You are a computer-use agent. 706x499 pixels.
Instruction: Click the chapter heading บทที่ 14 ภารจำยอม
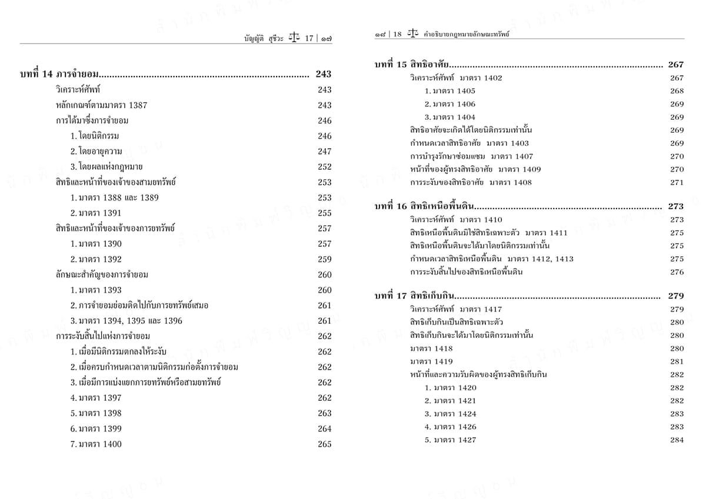(x=58, y=74)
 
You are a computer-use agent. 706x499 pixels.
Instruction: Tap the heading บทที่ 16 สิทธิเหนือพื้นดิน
(x=424, y=206)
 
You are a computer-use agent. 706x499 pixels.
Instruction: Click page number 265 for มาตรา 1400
(x=325, y=444)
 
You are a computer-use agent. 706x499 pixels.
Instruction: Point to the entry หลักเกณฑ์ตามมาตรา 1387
(x=101, y=105)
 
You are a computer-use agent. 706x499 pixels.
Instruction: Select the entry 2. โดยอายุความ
(x=94, y=152)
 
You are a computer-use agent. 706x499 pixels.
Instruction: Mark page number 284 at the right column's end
(x=677, y=440)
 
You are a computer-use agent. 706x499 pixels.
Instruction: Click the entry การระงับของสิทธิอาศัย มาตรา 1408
(x=471, y=182)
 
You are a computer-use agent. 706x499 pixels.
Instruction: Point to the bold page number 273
(x=676, y=206)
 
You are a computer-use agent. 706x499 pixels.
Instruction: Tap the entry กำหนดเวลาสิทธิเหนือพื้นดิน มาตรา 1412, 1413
(x=491, y=259)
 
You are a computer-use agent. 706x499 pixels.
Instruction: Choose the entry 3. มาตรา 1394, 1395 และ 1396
(x=126, y=321)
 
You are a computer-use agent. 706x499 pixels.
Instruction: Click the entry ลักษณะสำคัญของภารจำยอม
(x=102, y=274)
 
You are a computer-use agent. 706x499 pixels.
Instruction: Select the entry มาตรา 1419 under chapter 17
(x=431, y=361)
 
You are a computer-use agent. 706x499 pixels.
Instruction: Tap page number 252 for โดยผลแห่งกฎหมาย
(x=325, y=167)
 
